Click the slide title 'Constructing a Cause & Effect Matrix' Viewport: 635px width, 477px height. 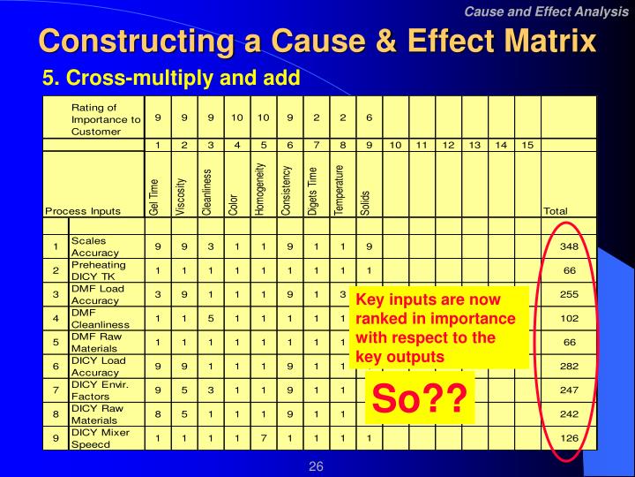tap(317, 42)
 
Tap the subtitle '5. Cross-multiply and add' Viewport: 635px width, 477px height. tap(172, 79)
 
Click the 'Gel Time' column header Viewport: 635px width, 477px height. tap(155, 195)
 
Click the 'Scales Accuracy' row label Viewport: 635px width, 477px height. tap(94, 246)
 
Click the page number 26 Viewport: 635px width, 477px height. tap(317, 465)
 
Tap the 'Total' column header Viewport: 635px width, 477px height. tap(556, 211)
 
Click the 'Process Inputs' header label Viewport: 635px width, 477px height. tap(83, 211)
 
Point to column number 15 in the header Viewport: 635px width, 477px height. tap(526, 144)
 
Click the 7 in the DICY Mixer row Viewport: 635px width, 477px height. tap(262, 436)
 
